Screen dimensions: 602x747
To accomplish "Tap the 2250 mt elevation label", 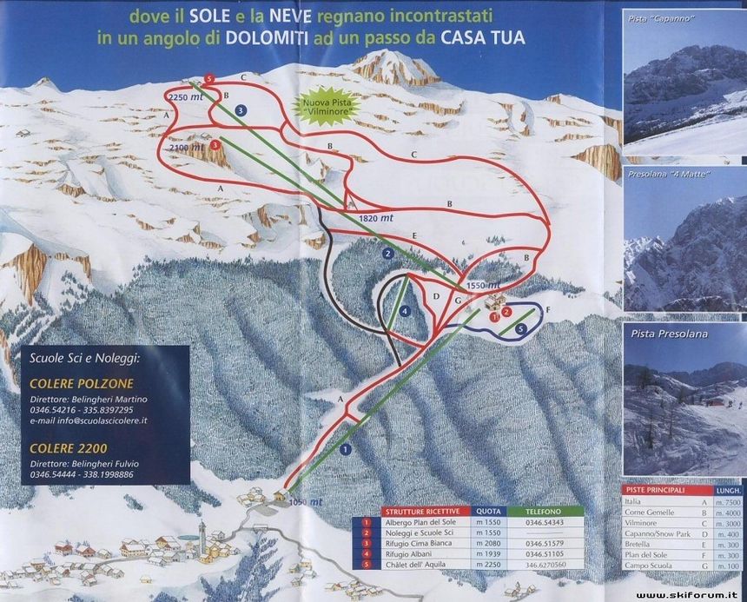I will tap(185, 97).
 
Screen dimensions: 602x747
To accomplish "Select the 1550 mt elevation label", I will tap(483, 284).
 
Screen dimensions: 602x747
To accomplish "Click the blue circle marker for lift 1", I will tap(345, 449).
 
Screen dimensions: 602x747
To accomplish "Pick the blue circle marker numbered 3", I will tap(241, 110).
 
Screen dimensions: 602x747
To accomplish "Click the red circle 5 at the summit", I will tap(209, 80).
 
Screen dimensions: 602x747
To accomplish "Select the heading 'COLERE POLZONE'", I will tap(69, 382).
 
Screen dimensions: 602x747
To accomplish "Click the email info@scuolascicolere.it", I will tap(89, 420).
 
